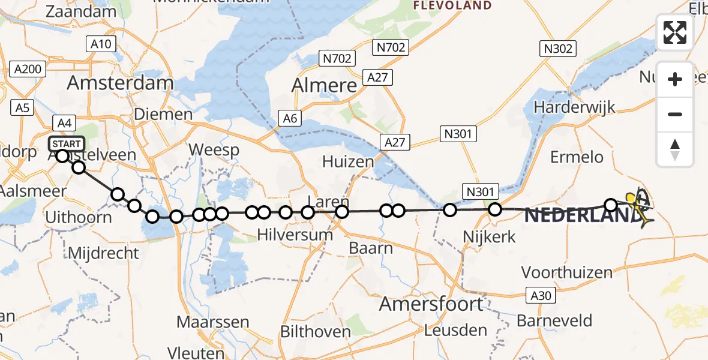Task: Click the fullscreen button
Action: point(675,32)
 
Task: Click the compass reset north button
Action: point(675,149)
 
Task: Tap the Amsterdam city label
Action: point(120,83)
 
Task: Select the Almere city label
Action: point(324,86)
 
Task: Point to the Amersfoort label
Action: point(431,304)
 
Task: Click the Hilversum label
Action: point(295,235)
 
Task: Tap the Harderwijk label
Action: point(575,107)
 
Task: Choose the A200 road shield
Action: point(28,70)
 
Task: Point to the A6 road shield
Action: point(290,119)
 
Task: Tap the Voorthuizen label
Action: point(567,272)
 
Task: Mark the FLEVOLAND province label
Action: point(453,6)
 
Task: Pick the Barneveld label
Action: point(554,320)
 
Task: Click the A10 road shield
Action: point(101,44)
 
